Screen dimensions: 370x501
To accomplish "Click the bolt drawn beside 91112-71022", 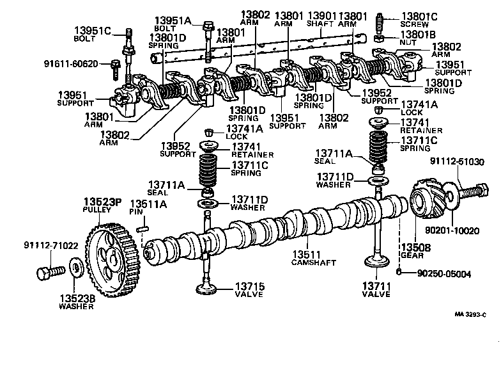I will point(52,272).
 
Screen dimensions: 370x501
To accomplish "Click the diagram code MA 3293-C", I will point(472,314).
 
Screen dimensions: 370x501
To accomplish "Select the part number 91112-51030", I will point(470,162).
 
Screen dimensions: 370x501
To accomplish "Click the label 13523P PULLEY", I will point(102,206).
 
